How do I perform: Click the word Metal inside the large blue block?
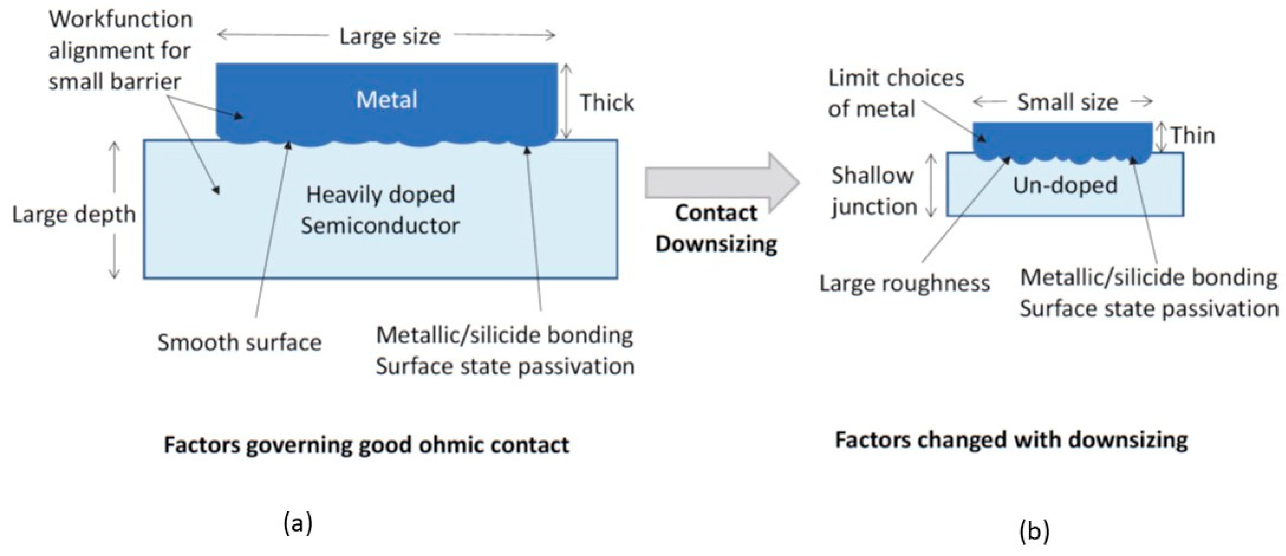(386, 99)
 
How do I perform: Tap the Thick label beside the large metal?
(606, 102)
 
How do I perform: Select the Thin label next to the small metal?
(1192, 136)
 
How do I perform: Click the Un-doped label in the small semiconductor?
(1065, 185)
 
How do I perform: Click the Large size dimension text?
(390, 36)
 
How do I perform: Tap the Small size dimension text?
(1067, 102)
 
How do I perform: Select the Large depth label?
(74, 214)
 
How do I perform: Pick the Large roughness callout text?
(904, 283)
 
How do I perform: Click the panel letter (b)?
(1034, 532)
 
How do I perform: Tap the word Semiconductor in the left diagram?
(380, 226)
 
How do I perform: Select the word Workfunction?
(120, 19)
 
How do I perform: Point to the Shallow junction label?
(874, 191)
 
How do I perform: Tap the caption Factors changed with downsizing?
(1011, 440)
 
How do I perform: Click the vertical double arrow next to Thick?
(565, 101)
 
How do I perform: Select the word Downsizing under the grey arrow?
(716, 244)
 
